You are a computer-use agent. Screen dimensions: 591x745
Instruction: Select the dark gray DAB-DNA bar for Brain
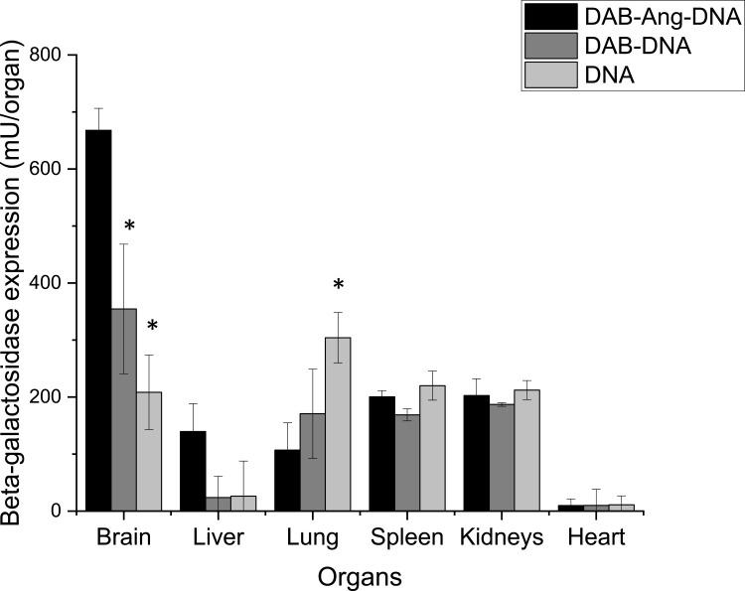tap(123, 409)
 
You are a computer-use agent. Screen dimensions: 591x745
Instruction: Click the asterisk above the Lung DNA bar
tap(338, 286)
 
